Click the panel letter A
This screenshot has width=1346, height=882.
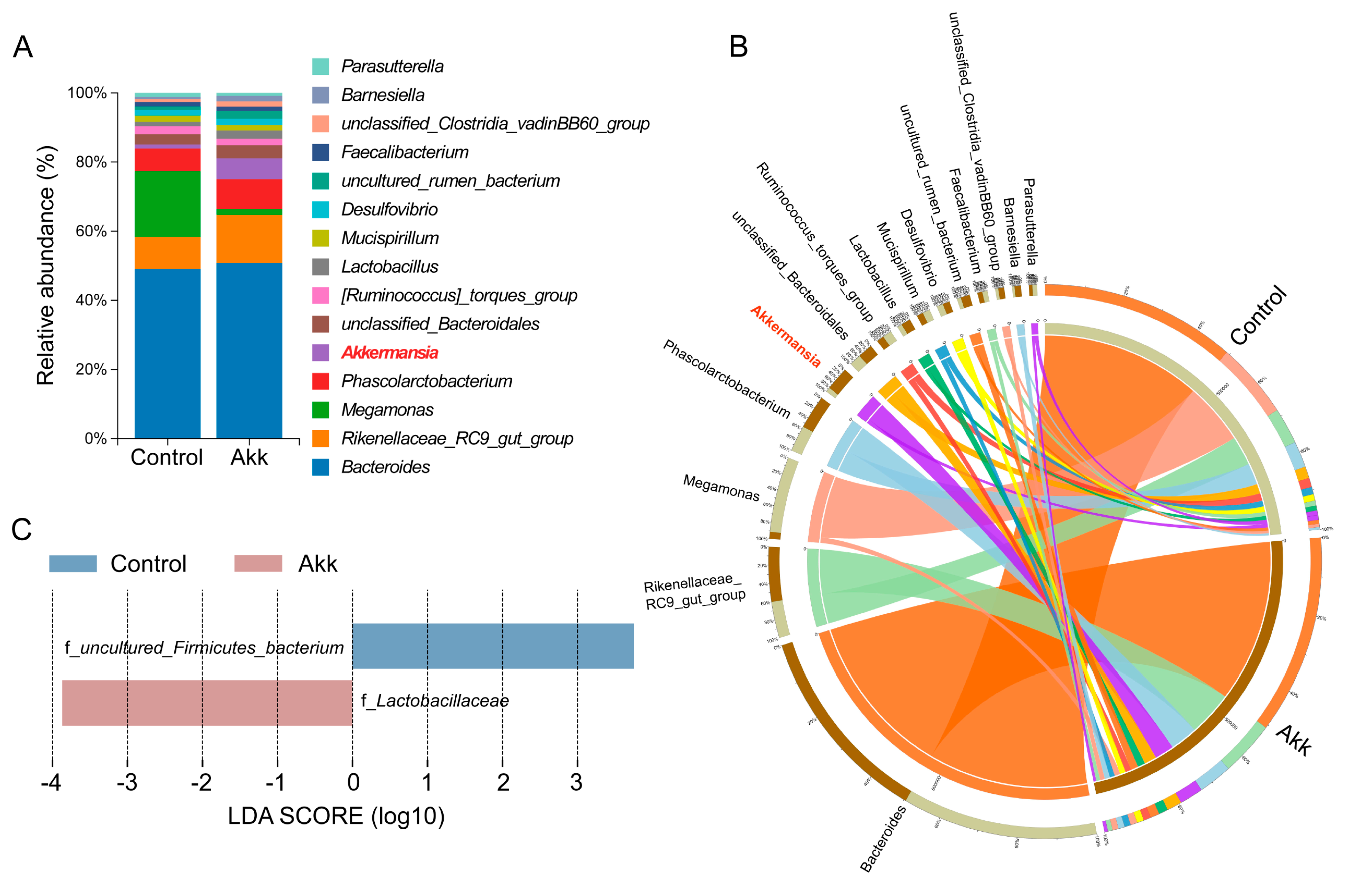point(23,47)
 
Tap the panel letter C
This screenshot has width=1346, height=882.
point(21,530)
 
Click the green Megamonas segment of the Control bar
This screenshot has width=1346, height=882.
point(167,204)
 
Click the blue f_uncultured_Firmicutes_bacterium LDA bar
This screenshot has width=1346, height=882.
point(492,646)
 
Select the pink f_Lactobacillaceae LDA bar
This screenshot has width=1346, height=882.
point(207,703)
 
